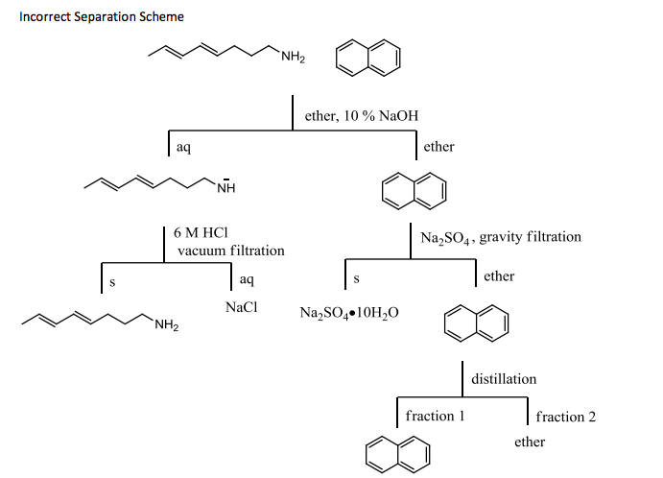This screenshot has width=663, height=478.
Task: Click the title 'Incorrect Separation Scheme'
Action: (x=102, y=17)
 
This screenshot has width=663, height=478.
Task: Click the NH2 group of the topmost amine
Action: (x=293, y=61)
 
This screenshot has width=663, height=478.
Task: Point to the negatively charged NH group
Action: (x=225, y=186)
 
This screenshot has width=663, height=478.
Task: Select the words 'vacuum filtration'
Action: (x=231, y=251)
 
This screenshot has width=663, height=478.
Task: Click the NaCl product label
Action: (x=241, y=309)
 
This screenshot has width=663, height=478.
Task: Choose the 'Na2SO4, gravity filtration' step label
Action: (x=501, y=236)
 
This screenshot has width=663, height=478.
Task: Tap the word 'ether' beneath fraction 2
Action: (x=529, y=442)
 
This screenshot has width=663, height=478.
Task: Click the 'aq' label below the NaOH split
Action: (x=182, y=147)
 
